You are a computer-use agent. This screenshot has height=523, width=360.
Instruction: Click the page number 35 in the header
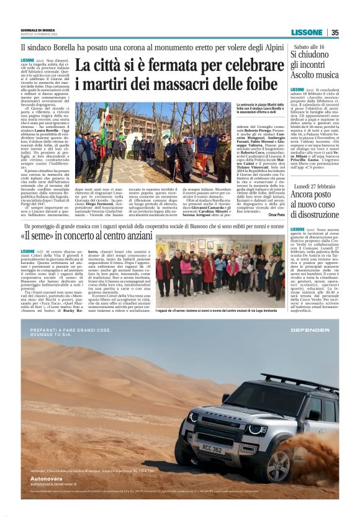[x=335, y=33]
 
